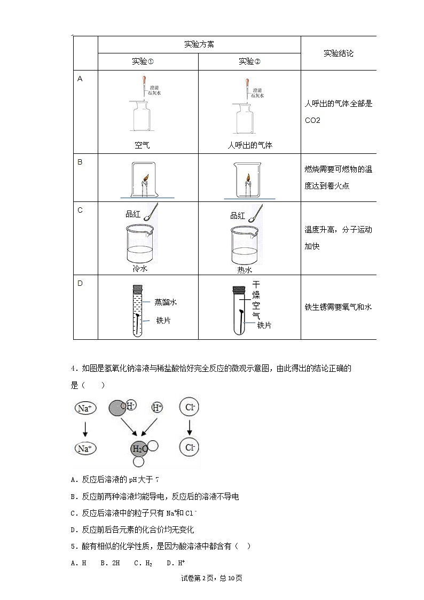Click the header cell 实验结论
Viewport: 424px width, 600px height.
coord(338,53)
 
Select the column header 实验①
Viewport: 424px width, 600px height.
coord(143,61)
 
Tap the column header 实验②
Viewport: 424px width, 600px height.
coord(249,61)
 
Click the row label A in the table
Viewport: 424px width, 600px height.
coord(80,79)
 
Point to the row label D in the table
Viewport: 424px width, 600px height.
coord(80,283)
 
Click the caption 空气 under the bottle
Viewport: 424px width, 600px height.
coord(143,145)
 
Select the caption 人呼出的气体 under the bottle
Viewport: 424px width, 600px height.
coord(249,145)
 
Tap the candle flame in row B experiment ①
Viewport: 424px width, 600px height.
coord(144,177)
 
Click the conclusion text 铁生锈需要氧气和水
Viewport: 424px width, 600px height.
coord(337,307)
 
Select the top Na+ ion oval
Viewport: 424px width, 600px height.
coord(85,409)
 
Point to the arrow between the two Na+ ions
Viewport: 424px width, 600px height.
coord(85,427)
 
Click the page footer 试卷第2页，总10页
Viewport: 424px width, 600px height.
coord(212,578)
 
